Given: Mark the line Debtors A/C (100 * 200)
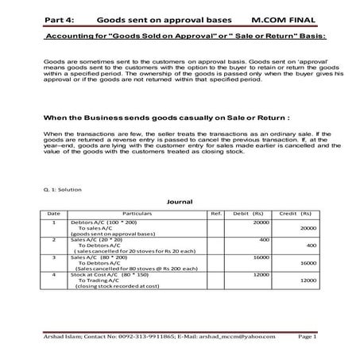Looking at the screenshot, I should coord(104,223).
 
